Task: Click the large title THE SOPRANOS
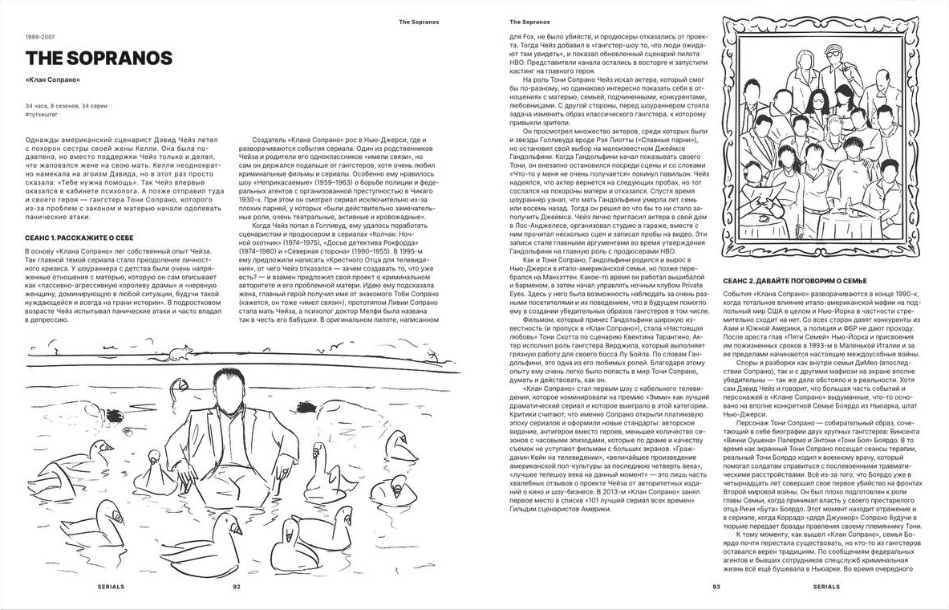coord(98,59)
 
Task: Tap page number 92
coord(237,587)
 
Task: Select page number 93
coord(716,587)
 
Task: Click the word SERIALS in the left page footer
coord(111,587)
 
